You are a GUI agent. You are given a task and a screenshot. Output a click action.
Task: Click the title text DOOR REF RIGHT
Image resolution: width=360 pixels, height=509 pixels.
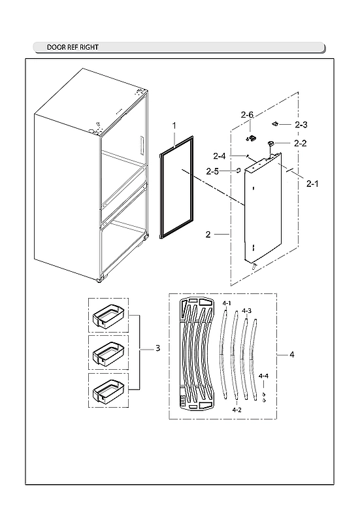click(73, 48)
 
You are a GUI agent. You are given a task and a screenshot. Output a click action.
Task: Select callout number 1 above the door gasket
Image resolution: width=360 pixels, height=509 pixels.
click(174, 124)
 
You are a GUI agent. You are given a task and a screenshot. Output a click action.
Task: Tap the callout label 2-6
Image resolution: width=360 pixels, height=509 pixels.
click(246, 115)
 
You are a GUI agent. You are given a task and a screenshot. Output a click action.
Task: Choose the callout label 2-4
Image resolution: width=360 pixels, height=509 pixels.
click(220, 156)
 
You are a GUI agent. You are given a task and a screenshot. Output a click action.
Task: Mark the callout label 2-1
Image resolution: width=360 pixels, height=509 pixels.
click(312, 185)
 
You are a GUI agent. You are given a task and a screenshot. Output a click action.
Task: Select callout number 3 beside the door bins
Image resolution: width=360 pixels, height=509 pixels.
click(157, 349)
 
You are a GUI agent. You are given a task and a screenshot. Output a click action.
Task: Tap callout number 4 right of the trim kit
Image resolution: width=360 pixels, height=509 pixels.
click(291, 355)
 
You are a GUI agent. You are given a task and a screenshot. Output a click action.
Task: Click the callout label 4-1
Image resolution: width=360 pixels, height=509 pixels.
click(227, 304)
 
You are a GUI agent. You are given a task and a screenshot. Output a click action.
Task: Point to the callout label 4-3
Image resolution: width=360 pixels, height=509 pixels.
click(246, 310)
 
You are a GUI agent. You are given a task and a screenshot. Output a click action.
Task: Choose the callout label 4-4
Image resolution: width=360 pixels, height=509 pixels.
click(263, 376)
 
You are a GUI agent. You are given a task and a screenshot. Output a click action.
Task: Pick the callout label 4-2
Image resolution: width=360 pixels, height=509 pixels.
click(237, 410)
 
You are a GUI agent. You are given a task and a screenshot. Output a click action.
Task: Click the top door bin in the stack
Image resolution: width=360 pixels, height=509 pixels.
click(108, 316)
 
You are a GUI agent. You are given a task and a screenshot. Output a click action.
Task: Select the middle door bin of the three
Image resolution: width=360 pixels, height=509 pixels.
click(108, 353)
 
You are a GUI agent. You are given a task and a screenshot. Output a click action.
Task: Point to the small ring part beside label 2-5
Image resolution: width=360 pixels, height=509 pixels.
click(239, 171)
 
